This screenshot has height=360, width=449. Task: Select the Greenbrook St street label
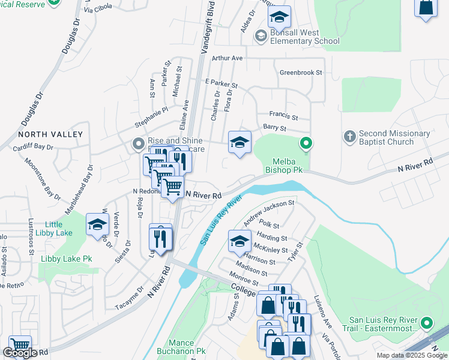point(301,73)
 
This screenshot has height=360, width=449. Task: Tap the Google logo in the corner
point(20,353)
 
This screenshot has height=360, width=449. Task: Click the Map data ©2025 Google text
point(412,355)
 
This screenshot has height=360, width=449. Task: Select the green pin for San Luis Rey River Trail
point(427,323)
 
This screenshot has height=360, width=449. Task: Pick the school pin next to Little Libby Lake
point(97,224)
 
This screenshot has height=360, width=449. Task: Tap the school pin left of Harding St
point(240,241)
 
